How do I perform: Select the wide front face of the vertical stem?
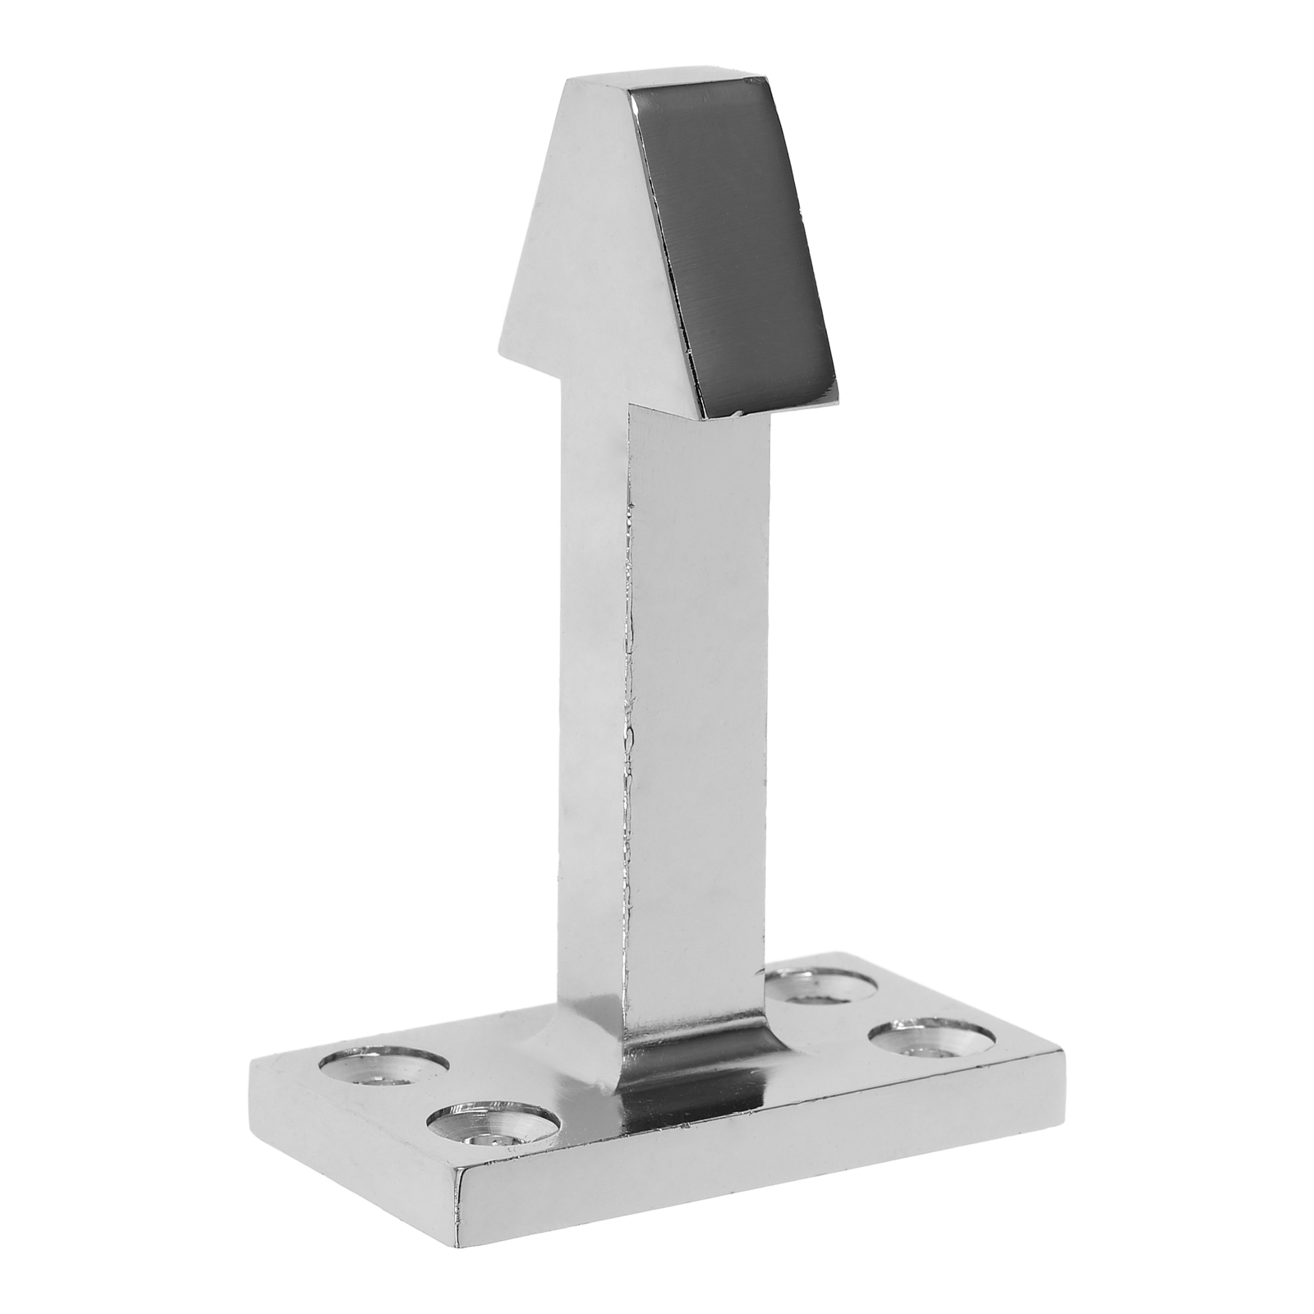pyautogui.click(x=698, y=698)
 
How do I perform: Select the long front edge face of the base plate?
pyautogui.click(x=764, y=1142)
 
